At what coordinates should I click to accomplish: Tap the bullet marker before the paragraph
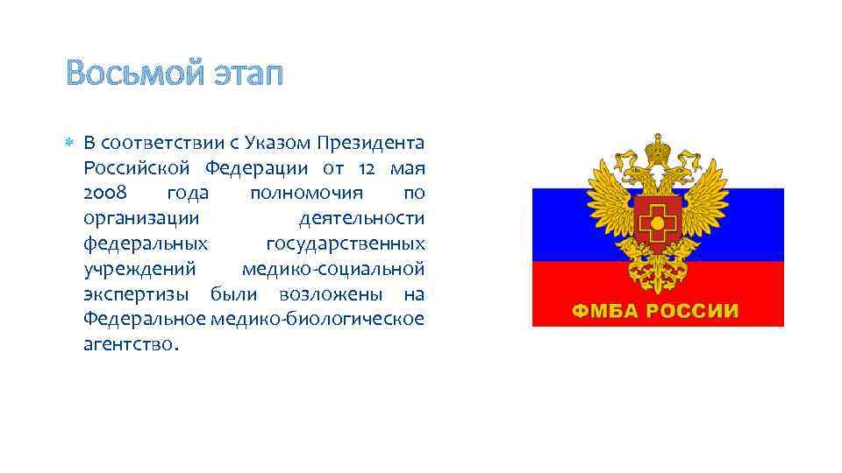[71, 143]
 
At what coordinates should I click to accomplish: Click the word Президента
[372, 142]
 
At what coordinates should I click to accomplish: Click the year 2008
[105, 193]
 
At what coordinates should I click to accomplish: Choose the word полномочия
[298, 193]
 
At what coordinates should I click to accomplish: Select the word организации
[141, 217]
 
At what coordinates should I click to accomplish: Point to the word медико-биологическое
[318, 318]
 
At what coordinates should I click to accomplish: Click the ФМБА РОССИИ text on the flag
[656, 311]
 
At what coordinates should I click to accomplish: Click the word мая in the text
[409, 167]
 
